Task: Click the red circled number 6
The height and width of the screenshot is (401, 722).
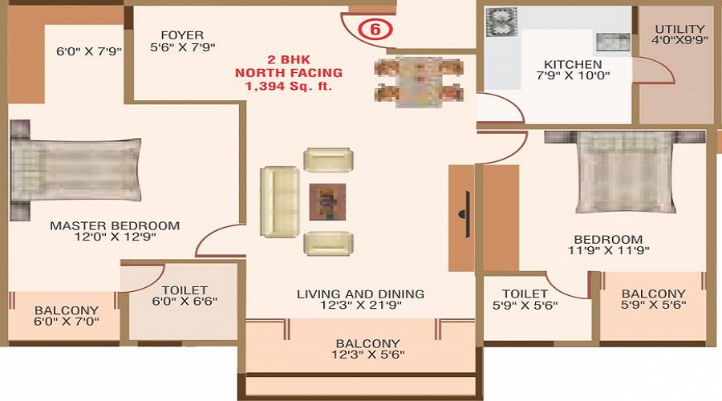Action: (x=375, y=29)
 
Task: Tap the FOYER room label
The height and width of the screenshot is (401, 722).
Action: (x=182, y=35)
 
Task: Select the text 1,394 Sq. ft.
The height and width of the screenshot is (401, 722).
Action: (x=289, y=86)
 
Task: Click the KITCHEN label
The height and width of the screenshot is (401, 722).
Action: (x=573, y=64)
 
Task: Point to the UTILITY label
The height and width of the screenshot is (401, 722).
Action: (x=679, y=29)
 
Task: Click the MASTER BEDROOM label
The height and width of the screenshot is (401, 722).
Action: (x=115, y=225)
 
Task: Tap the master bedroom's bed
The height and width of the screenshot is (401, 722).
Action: (x=75, y=170)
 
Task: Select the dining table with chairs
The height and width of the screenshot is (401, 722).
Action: (x=419, y=82)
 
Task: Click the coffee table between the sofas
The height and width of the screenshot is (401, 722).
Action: (x=327, y=201)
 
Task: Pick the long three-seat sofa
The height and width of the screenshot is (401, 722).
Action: (x=279, y=201)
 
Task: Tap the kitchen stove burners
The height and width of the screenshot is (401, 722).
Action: (x=501, y=22)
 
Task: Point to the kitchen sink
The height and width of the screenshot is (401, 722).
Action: (x=614, y=42)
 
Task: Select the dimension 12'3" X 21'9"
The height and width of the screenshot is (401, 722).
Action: (x=362, y=305)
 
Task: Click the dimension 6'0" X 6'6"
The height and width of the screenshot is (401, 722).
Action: (x=185, y=301)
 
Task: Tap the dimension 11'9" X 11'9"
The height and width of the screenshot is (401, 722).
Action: (x=609, y=250)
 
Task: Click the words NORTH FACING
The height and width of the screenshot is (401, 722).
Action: (x=289, y=73)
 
